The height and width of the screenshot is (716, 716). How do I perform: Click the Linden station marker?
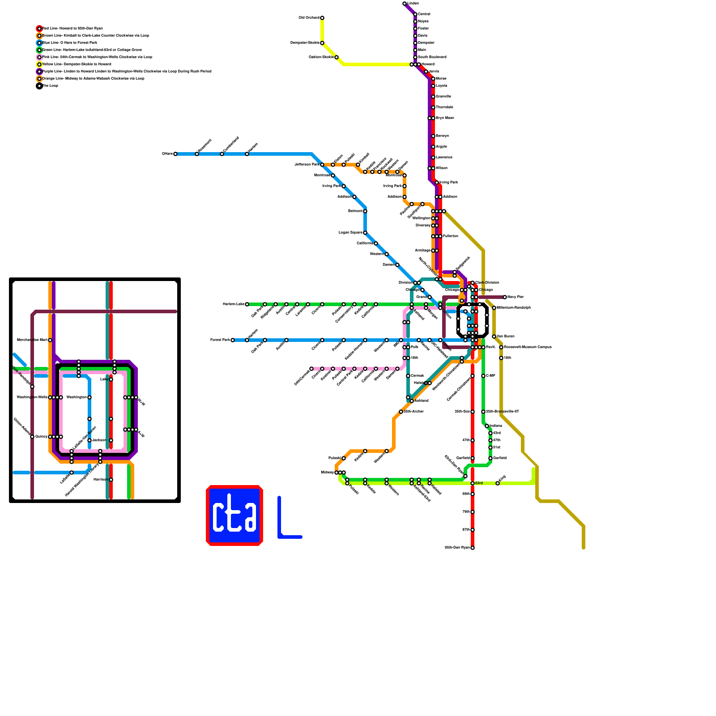pyautogui.click(x=405, y=4)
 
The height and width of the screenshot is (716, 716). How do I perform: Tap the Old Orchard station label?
pyautogui.click(x=309, y=18)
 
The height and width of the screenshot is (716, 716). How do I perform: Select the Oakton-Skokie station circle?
pyautogui.click(x=337, y=57)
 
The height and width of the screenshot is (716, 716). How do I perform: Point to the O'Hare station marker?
pyautogui.click(x=175, y=154)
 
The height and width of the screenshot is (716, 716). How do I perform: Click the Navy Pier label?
pyautogui.click(x=516, y=297)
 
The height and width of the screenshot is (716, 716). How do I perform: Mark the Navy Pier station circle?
pyautogui.click(x=505, y=297)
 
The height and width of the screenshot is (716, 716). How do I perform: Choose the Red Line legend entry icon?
pyautogui.click(x=39, y=29)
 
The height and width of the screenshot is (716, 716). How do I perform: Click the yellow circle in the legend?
pyautogui.click(x=39, y=64)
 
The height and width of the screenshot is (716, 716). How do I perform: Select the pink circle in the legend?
pyautogui.click(x=39, y=57)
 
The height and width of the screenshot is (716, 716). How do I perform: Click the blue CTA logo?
pyautogui.click(x=234, y=516)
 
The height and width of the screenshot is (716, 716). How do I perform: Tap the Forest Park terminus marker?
pyautogui.click(x=233, y=340)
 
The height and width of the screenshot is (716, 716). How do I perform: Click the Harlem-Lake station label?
pyautogui.click(x=233, y=304)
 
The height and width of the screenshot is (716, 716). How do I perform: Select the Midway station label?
pyautogui.click(x=327, y=473)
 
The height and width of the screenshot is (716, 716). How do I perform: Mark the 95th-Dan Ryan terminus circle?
pyautogui.click(x=473, y=548)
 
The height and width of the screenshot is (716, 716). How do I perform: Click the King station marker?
pyautogui.click(x=498, y=483)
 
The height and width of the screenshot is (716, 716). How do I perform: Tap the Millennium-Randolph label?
pyautogui.click(x=513, y=308)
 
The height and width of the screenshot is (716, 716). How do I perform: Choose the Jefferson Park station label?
pyautogui.click(x=307, y=165)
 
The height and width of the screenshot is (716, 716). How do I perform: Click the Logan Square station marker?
pyautogui.click(x=365, y=233)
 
